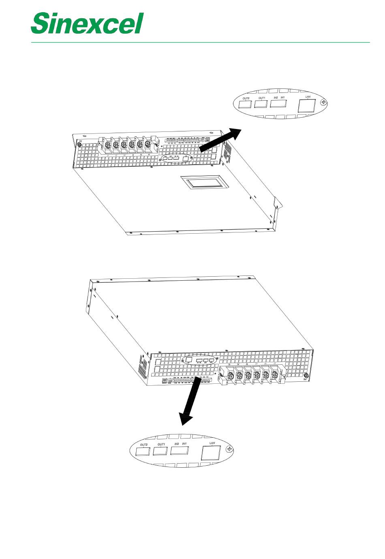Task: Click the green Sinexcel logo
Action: [x=87, y=23]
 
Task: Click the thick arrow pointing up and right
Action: [x=221, y=140]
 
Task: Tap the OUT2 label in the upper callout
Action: [x=246, y=98]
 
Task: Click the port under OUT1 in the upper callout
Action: [x=261, y=104]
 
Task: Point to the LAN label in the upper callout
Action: [x=308, y=97]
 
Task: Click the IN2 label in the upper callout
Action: [x=276, y=98]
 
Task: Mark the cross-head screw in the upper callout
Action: [x=323, y=102]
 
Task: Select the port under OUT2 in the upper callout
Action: [x=244, y=105]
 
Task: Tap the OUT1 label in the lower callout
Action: [x=161, y=445]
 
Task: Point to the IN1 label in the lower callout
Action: [x=184, y=444]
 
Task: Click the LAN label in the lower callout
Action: [x=212, y=443]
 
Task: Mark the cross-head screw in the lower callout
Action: [x=229, y=449]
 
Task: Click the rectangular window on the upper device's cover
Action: [x=205, y=182]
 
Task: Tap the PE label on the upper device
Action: [x=80, y=141]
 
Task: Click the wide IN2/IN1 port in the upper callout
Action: [x=278, y=103]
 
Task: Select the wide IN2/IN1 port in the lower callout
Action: [x=179, y=450]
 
